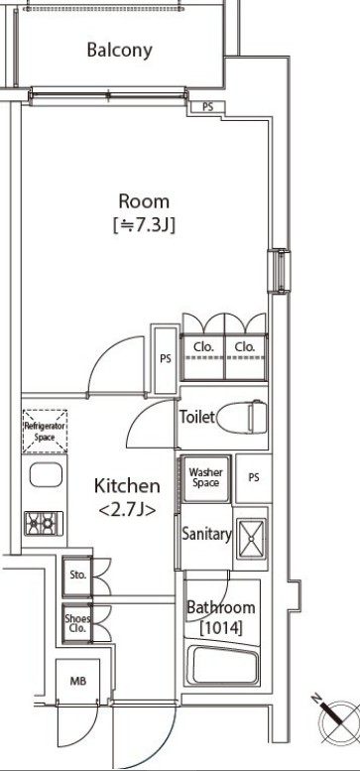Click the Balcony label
coord(119,51)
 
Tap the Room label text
coord(144,201)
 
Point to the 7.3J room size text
coord(144,225)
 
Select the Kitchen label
coord(127,486)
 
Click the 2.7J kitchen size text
coord(127,510)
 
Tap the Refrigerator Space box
coord(45,432)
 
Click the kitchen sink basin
coord(46,475)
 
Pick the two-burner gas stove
coord(45,523)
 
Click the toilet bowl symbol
coord(241,417)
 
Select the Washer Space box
coord(205,478)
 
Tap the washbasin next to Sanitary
coord(251,539)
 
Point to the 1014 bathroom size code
coord(220,628)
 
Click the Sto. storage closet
coord(77,575)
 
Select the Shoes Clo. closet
coord(77,623)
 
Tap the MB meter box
coord(77,681)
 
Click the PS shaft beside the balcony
coord(207,107)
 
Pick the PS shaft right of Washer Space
coord(254,478)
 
